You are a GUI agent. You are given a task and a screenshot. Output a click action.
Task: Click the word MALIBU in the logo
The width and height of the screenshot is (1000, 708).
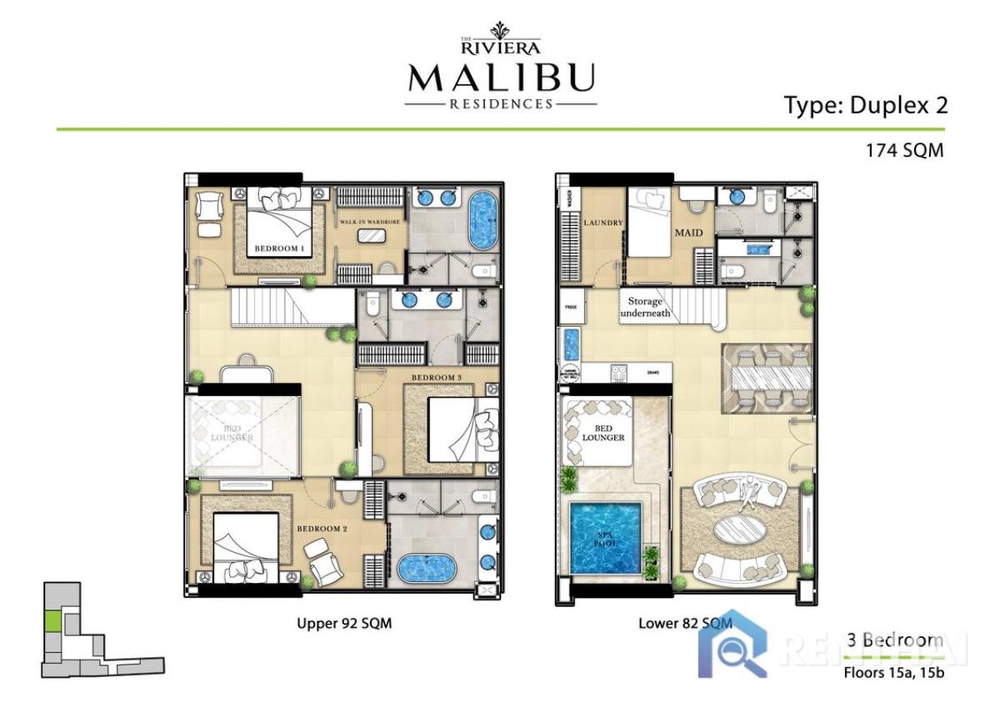pyautogui.click(x=501, y=78)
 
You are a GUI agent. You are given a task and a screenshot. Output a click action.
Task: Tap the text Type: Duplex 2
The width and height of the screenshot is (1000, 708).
pyautogui.click(x=866, y=105)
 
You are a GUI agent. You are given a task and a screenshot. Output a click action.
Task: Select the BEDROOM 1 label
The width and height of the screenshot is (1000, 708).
pyautogui.click(x=277, y=249)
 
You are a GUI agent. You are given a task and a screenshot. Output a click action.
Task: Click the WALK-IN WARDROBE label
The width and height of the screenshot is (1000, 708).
pyautogui.click(x=372, y=222)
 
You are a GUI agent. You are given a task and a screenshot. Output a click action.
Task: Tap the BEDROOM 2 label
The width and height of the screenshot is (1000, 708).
pyautogui.click(x=323, y=528)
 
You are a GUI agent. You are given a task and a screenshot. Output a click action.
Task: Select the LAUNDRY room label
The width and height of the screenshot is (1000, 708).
pyautogui.click(x=598, y=223)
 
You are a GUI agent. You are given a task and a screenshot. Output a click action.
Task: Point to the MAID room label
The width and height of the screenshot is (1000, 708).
pyautogui.click(x=688, y=232)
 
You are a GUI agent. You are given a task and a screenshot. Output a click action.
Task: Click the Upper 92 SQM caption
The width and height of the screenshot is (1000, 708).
pyautogui.click(x=344, y=623)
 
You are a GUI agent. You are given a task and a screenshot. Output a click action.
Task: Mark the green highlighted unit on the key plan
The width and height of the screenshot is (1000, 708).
pyautogui.click(x=52, y=620)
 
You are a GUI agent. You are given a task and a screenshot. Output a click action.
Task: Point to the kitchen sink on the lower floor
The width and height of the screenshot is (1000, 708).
pyautogui.click(x=571, y=343)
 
